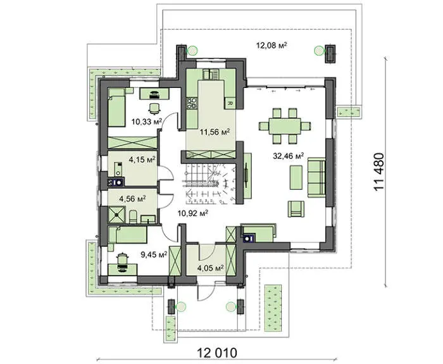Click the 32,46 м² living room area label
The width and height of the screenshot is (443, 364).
coord(288,156)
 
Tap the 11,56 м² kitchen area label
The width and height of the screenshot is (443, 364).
coord(215,132)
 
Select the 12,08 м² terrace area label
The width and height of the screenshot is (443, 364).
coord(271,45)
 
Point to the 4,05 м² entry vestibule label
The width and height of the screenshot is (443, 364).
coord(211,268)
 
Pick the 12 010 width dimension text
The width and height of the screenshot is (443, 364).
coord(217,353)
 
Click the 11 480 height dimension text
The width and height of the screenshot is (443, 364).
coord(379,172)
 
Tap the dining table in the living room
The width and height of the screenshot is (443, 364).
coord(285,126)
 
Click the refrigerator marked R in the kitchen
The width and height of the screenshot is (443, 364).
coord(230,103)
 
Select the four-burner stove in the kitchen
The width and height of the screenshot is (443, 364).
coord(192,103)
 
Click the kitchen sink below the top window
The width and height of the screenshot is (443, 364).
coord(211,74)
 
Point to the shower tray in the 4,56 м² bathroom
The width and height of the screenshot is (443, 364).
coord(116,215)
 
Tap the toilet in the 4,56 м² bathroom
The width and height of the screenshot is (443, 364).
coord(133,217)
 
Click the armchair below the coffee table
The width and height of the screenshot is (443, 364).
coord(296,209)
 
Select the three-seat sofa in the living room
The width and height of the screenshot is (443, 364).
coord(316,177)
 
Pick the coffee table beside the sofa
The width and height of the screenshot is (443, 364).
coord(296,177)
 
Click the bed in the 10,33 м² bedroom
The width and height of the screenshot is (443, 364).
coord(116,108)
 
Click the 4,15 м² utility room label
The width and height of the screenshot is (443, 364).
coord(142,160)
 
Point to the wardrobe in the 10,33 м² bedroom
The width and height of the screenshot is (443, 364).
coord(132,142)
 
